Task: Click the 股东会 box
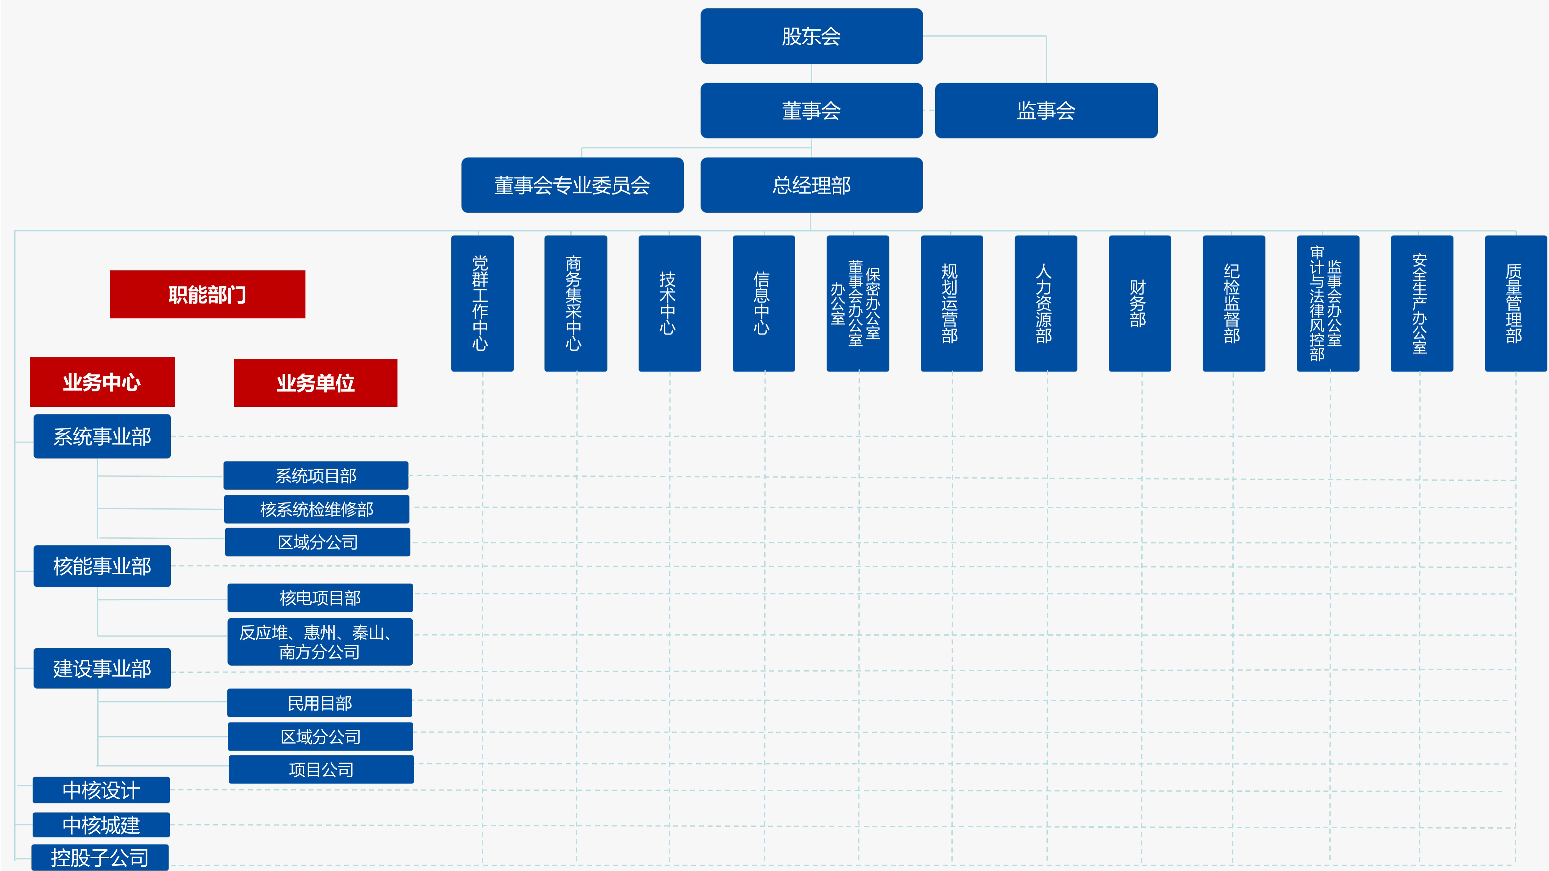point(811,36)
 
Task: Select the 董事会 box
point(811,111)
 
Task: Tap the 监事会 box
point(1046,111)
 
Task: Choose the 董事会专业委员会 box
point(572,185)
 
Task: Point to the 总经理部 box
point(811,185)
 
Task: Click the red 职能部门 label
point(207,295)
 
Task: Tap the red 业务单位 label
point(315,383)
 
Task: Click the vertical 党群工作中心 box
point(482,304)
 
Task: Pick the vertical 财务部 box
point(1139,304)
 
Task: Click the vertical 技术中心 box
point(669,304)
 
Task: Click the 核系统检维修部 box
point(316,509)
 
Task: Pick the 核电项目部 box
point(320,597)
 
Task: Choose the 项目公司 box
point(321,769)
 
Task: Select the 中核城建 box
point(101,825)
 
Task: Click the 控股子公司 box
point(100,857)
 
